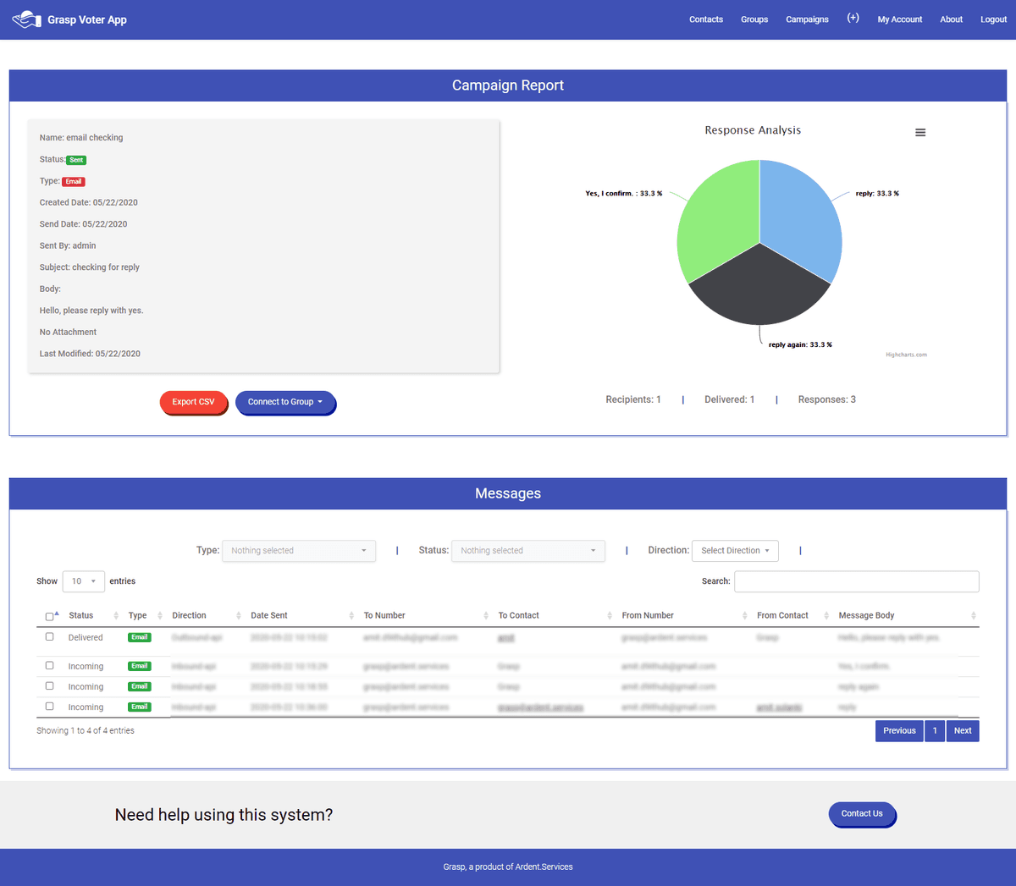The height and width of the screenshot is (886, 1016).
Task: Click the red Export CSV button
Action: [x=193, y=402]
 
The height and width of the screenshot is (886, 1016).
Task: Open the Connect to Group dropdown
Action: [x=285, y=402]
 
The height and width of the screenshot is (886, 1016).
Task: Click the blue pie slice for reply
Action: [x=800, y=216]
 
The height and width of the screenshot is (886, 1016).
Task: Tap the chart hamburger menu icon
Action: [x=920, y=133]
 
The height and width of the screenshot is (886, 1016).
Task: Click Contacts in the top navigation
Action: [x=705, y=19]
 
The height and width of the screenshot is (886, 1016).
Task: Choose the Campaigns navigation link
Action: [x=807, y=19]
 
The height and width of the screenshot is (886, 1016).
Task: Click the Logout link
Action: [x=993, y=19]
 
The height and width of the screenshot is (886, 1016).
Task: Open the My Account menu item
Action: [x=899, y=19]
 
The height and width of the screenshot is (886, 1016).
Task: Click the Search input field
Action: [x=856, y=581]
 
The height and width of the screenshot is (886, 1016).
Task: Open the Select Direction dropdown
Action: [x=735, y=551]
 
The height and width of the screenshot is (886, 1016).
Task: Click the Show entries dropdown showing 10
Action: [x=83, y=581]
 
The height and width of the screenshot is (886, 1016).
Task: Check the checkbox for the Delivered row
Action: [x=49, y=636]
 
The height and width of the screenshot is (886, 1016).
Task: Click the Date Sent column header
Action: [x=269, y=615]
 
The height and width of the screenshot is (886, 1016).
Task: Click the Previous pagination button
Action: [x=899, y=731]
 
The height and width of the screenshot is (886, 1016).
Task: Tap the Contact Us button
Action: [x=862, y=814]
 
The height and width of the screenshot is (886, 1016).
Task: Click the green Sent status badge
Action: [x=76, y=160]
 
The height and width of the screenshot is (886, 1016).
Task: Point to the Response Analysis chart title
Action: [x=753, y=130]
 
